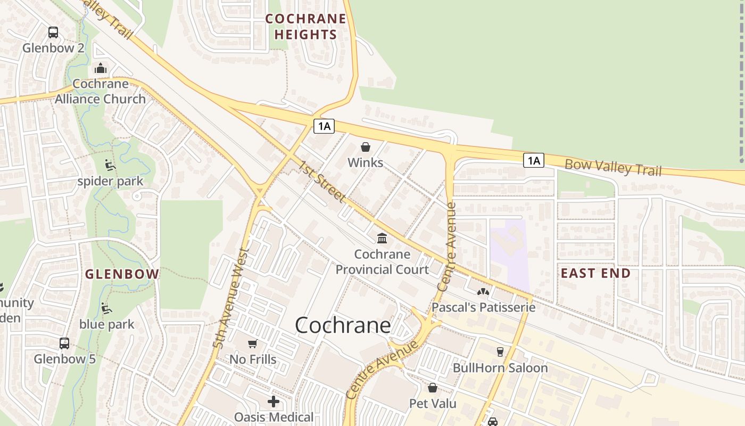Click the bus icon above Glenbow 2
[x=53, y=32]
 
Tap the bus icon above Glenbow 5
[x=64, y=343]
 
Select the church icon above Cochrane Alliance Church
[x=101, y=68]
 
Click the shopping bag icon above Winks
[x=366, y=147]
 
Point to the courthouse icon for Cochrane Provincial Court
[x=382, y=238]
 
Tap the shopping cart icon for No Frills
[x=253, y=344]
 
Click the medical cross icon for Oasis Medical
[x=274, y=401]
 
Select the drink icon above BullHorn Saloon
[x=500, y=352]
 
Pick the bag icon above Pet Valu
[x=433, y=388]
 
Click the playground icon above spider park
[x=110, y=165]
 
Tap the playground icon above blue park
[x=106, y=308]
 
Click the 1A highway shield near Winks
[x=324, y=126]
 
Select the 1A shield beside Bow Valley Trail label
[x=534, y=160]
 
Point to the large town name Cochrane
[x=343, y=325]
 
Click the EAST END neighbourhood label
[x=595, y=274]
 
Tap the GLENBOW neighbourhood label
[x=122, y=274]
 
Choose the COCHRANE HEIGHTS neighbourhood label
[x=305, y=27]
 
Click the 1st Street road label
[x=321, y=183]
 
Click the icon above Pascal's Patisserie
[x=483, y=292]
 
